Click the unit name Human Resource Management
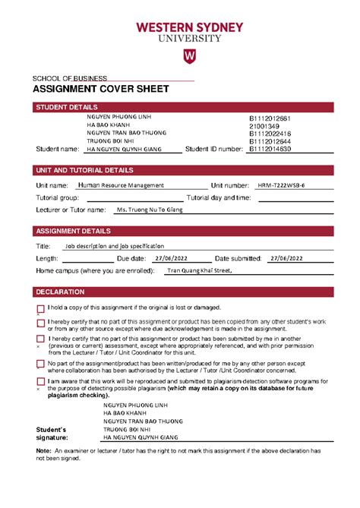(121, 185)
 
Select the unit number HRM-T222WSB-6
(282, 185)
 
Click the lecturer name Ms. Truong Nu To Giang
(150, 209)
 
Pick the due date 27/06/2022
(169, 258)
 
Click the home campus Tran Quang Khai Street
(198, 270)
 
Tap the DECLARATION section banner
(60, 292)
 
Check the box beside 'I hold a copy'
(40, 309)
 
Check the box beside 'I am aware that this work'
(40, 382)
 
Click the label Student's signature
(52, 434)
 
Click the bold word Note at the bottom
(43, 450)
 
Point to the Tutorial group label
(57, 197)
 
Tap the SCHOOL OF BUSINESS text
(69, 78)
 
